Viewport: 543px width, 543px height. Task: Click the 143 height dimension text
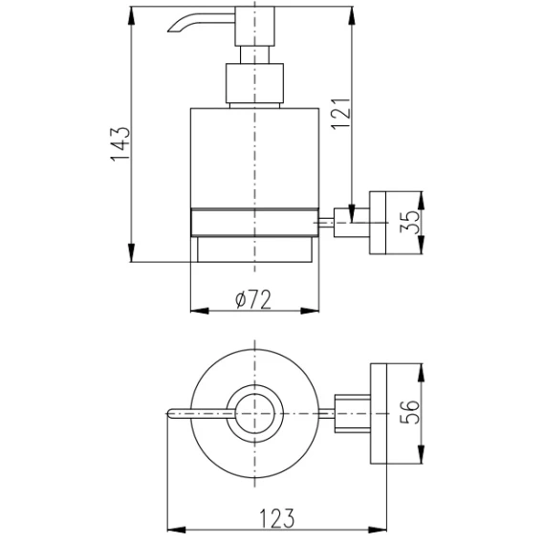[120, 144]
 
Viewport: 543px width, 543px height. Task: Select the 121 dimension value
[340, 115]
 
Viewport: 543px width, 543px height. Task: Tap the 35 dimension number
[409, 222]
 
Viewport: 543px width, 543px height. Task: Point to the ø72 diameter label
[253, 299]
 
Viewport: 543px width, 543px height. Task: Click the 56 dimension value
[409, 412]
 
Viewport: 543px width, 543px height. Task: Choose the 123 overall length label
[276, 518]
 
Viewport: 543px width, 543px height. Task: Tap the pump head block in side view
[254, 27]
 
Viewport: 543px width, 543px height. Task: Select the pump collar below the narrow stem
[254, 83]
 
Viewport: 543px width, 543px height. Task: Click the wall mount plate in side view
[378, 223]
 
